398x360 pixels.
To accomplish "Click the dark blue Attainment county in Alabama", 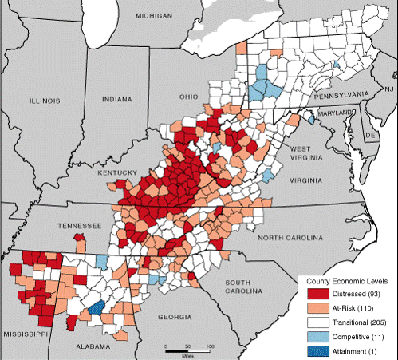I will click(97, 308).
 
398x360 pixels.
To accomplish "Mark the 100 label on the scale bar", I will click(211, 346).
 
